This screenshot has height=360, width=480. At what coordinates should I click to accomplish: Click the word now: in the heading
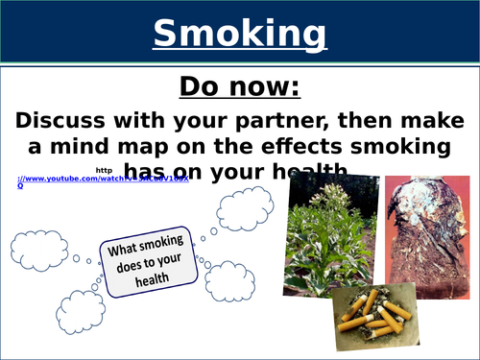[263, 88]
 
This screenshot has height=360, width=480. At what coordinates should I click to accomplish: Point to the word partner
[310, 122]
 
